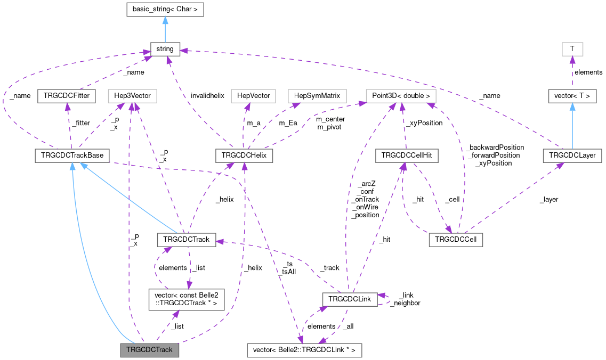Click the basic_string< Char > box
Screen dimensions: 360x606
(165, 9)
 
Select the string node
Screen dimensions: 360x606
(165, 49)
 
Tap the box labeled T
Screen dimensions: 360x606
(572, 49)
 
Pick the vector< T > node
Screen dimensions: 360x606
(572, 96)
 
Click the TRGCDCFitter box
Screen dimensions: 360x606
(66, 96)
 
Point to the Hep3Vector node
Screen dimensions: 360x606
(129, 96)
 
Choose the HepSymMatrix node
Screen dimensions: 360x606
(317, 96)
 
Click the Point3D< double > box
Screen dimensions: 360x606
(394, 96)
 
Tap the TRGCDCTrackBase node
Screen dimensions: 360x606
(71, 156)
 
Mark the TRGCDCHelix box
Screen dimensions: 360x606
(244, 156)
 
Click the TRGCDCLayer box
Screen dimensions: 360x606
(572, 156)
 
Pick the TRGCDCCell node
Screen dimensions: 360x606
(455, 240)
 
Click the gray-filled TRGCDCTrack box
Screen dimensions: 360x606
(149, 350)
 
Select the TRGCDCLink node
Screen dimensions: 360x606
(349, 300)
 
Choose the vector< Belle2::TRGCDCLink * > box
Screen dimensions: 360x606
(305, 350)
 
